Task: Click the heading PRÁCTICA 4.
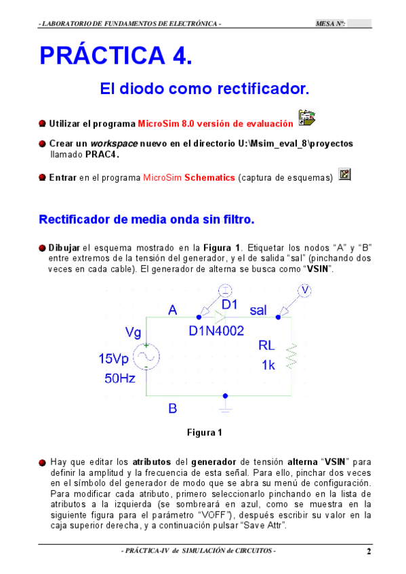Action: (116, 56)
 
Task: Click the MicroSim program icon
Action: (307, 118)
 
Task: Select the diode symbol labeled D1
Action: (220, 316)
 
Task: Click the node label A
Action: (173, 311)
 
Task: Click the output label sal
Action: (258, 311)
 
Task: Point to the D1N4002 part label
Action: (216, 331)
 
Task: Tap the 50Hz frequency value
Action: (119, 378)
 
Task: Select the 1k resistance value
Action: (268, 365)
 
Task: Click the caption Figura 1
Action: (204, 432)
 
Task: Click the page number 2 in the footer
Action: (369, 551)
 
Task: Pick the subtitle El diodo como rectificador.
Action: (204, 89)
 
